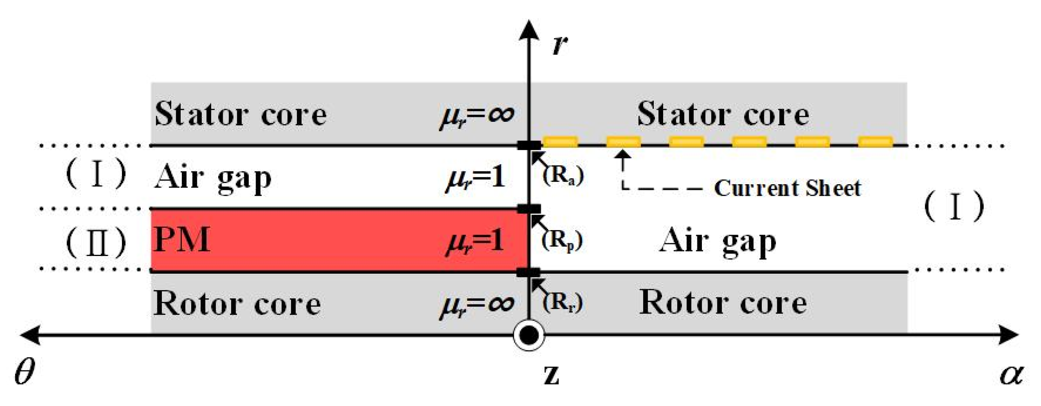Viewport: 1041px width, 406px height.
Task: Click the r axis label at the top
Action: (559, 45)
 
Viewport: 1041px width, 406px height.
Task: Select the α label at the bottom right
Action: (1012, 374)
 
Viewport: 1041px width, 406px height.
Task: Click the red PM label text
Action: (182, 240)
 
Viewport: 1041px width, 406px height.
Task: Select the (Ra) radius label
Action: (563, 175)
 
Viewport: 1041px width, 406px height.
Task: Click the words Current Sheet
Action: (787, 188)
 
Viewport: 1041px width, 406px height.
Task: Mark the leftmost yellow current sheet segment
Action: (560, 142)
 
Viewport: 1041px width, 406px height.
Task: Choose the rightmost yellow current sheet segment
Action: (875, 142)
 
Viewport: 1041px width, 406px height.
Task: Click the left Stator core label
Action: (240, 114)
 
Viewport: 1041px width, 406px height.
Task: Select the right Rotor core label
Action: (723, 303)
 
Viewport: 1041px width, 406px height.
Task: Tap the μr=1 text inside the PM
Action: (475, 242)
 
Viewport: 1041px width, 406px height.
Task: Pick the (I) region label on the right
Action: (954, 206)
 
